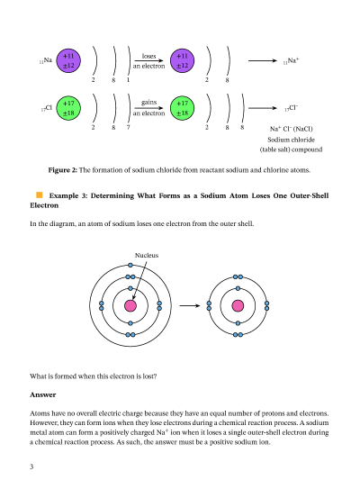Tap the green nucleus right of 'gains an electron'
coord(183,109)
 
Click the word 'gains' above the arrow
coord(148,104)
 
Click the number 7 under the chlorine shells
coord(128,128)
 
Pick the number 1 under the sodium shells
coord(128,80)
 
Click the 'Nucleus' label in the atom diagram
coord(147,256)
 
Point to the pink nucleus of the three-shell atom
coord(130,306)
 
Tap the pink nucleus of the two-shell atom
coord(238,306)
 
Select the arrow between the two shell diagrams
coord(188,306)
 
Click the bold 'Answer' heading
coord(43,394)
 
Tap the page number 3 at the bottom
coord(32,466)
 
